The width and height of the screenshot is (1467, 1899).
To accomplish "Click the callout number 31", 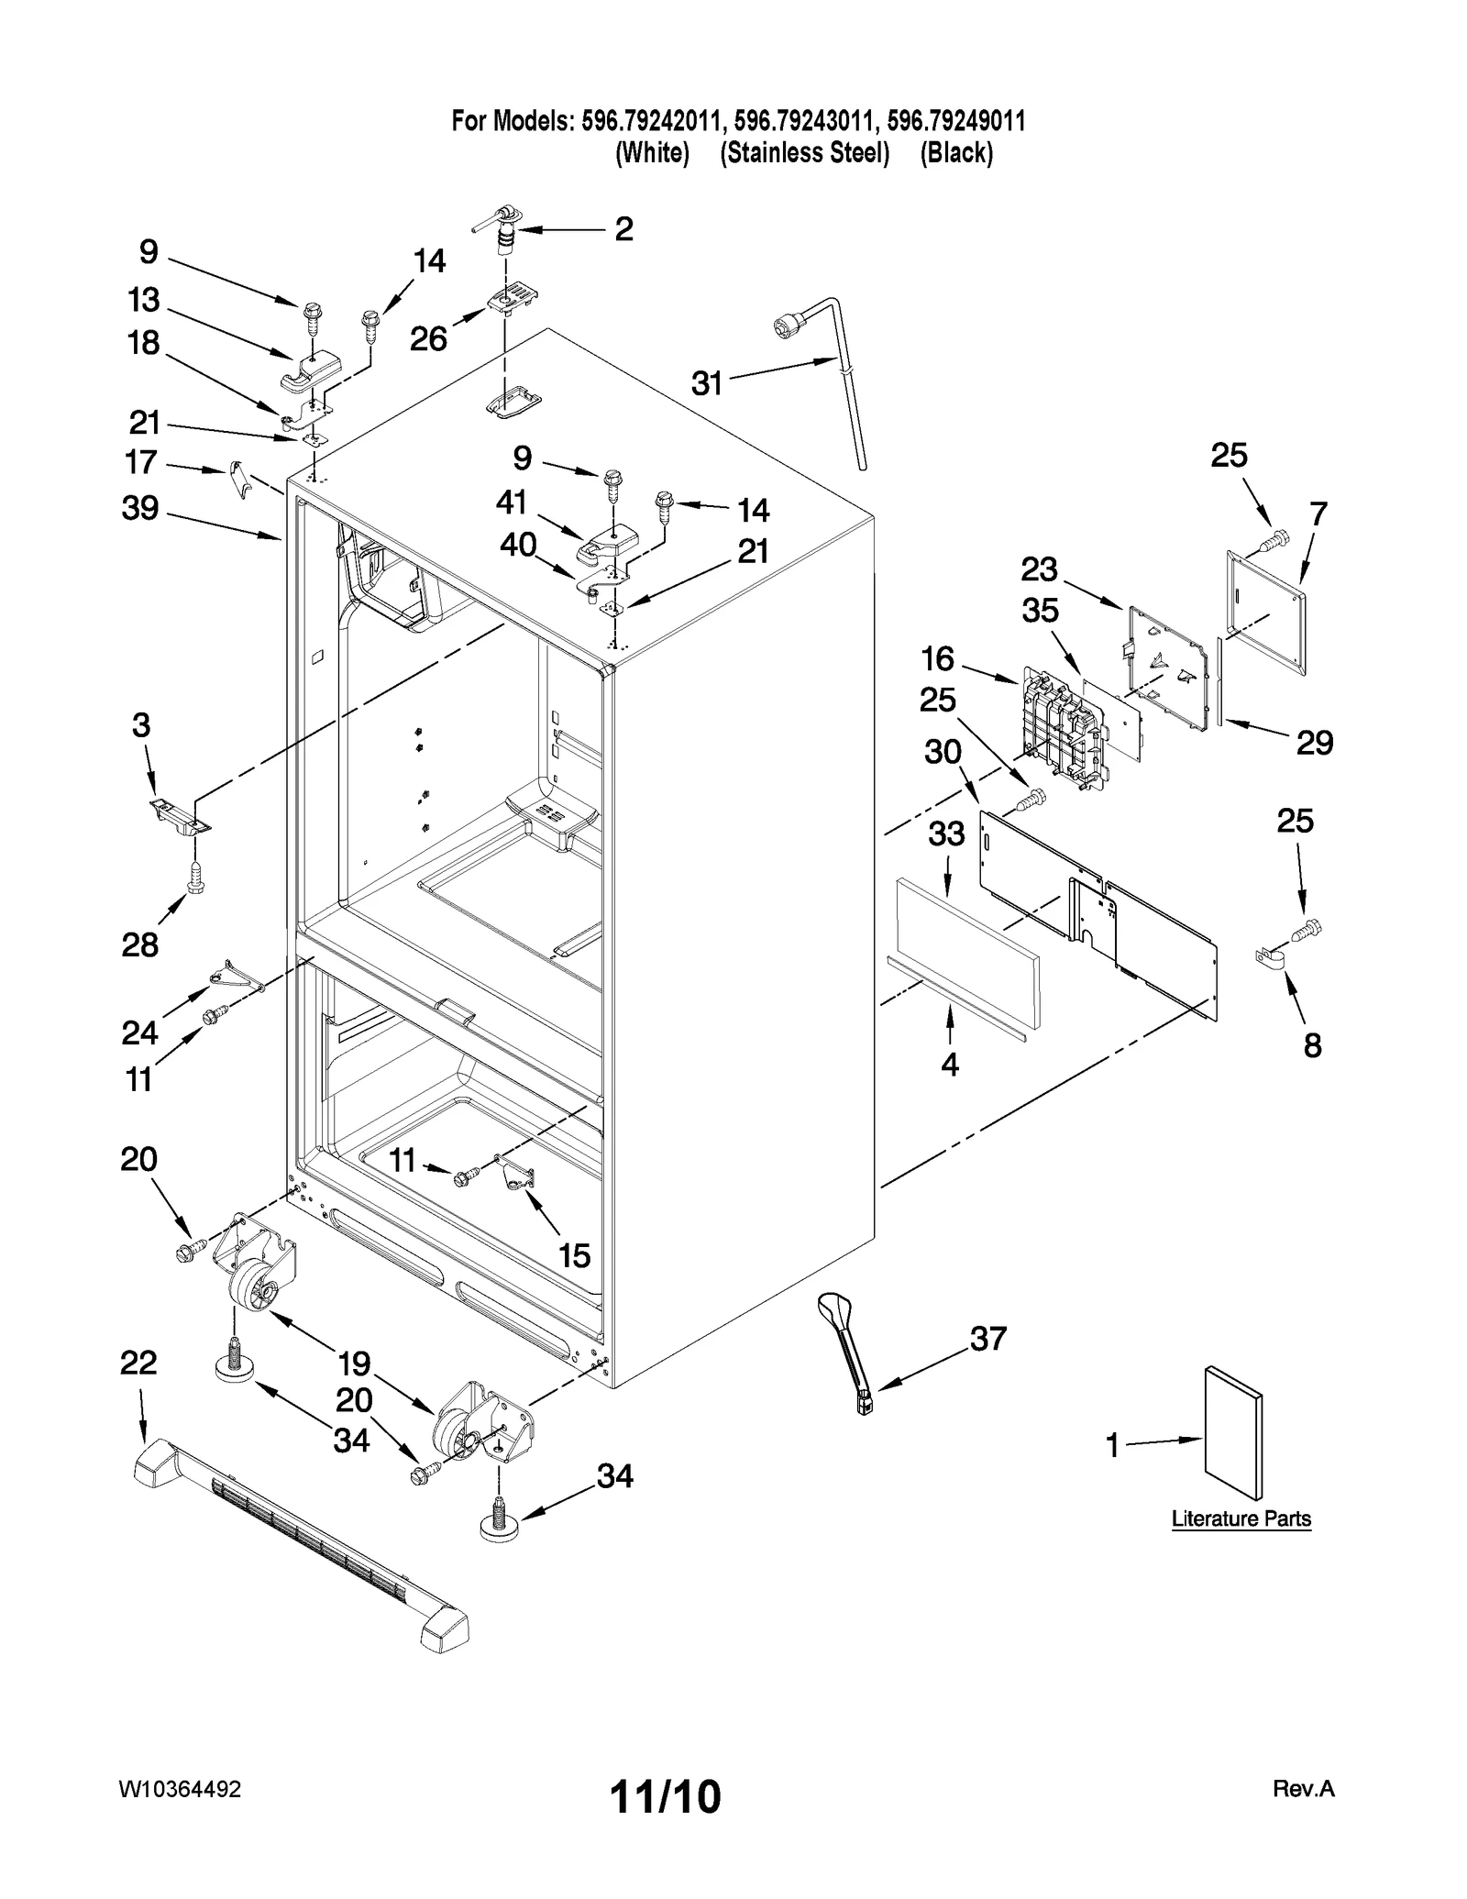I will point(707,383).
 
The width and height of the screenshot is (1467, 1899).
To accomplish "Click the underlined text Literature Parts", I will point(1241,1518).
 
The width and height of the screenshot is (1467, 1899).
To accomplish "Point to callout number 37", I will point(988,1339).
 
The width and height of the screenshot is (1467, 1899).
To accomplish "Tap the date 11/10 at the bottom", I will point(666,1796).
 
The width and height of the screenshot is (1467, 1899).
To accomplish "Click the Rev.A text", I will point(1303,1789).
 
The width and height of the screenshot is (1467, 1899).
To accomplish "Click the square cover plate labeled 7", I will point(1265,612).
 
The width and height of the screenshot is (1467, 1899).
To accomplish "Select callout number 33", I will point(946,834).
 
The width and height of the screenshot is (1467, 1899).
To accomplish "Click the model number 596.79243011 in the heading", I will point(806,120).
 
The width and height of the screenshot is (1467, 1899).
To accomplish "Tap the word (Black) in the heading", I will point(956,153).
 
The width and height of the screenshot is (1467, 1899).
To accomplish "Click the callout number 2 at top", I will point(623,229).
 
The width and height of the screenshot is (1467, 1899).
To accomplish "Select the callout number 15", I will point(575,1255).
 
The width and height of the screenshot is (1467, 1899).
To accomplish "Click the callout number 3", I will point(140,725).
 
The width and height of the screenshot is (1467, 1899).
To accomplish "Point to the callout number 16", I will point(938,658).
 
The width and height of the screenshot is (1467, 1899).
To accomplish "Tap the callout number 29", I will point(1314,742).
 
